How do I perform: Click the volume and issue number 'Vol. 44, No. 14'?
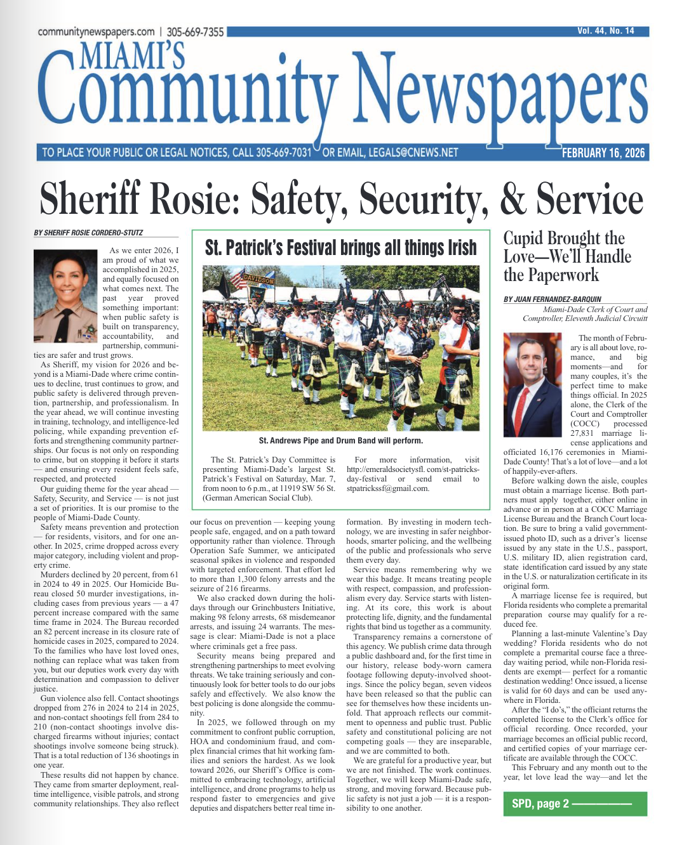coord(605,30)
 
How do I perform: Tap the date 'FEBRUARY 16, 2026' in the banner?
coord(603,153)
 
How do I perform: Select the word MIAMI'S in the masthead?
coord(132,56)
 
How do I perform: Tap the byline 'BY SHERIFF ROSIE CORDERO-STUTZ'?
coord(88,233)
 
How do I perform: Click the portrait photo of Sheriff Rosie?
coord(65,296)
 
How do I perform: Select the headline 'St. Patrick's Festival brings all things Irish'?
coord(340,247)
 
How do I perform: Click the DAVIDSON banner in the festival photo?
coord(259,279)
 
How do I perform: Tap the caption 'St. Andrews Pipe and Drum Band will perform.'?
coord(340,440)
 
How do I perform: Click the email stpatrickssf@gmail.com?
coord(388,488)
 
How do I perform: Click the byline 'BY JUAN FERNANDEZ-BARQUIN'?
coord(552,299)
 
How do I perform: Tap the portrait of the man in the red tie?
coord(532,384)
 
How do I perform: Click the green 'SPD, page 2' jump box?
coord(575,803)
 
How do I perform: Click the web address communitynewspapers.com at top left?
coord(96,32)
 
